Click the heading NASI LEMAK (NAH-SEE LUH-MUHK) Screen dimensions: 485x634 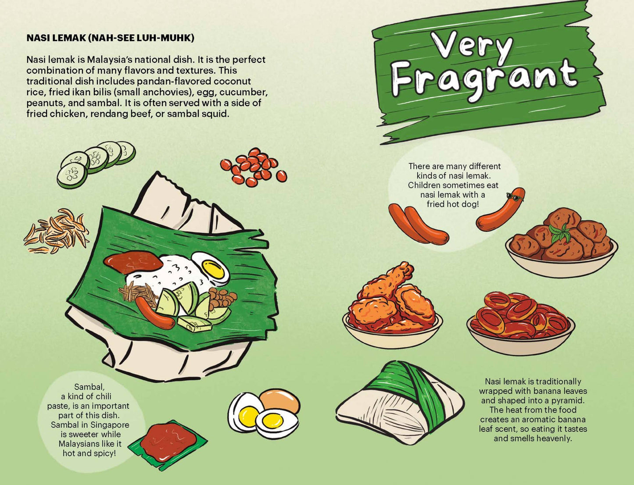(x=110, y=38)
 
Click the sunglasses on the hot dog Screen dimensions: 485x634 (x=515, y=196)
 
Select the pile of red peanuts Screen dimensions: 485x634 (x=254, y=167)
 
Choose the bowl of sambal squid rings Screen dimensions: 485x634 (x=520, y=320)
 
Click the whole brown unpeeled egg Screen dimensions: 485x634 (x=280, y=400)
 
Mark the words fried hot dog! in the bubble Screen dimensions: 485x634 (x=452, y=204)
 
